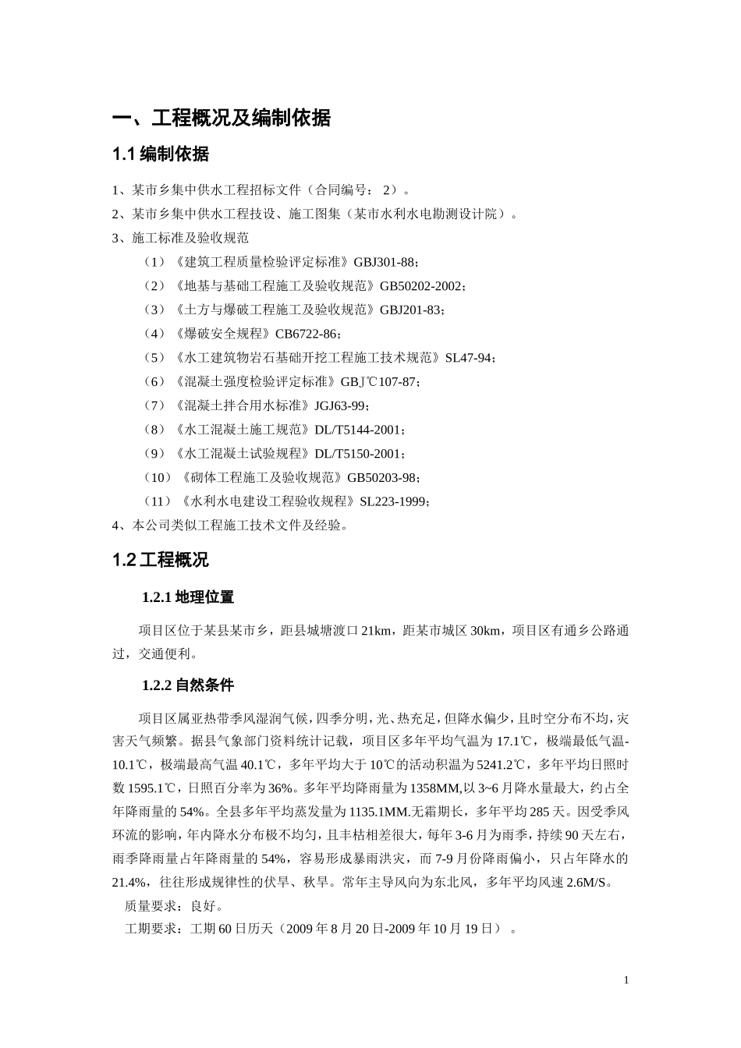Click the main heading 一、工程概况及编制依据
pyautogui.click(x=222, y=119)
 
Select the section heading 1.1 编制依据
pyautogui.click(x=161, y=154)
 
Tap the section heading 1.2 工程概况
pyautogui.click(x=161, y=560)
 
